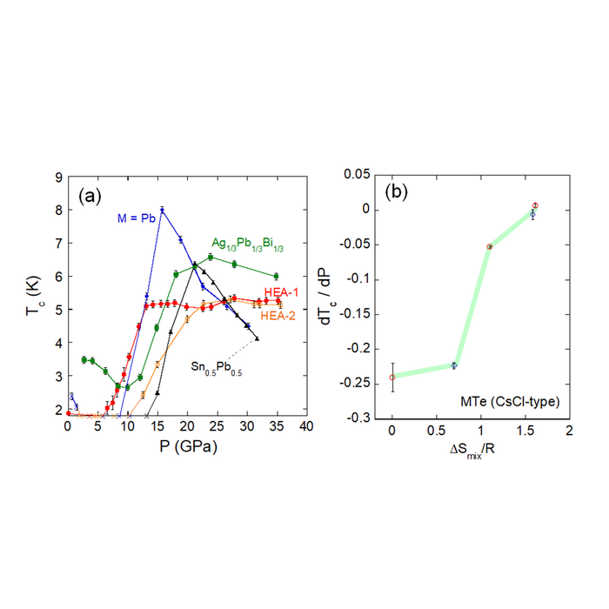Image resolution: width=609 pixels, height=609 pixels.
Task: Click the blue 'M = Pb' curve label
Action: pyautogui.click(x=137, y=217)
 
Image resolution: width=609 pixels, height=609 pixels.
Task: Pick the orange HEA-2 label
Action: pyautogui.click(x=278, y=316)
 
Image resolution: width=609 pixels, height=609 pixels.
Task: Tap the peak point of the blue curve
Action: pyautogui.click(x=162, y=209)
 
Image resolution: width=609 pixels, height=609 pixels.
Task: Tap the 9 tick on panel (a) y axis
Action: pyautogui.click(x=57, y=177)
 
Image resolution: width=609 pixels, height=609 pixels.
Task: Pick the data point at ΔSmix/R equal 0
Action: pyautogui.click(x=392, y=377)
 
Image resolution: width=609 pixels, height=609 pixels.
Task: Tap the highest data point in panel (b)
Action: pyautogui.click(x=535, y=205)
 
